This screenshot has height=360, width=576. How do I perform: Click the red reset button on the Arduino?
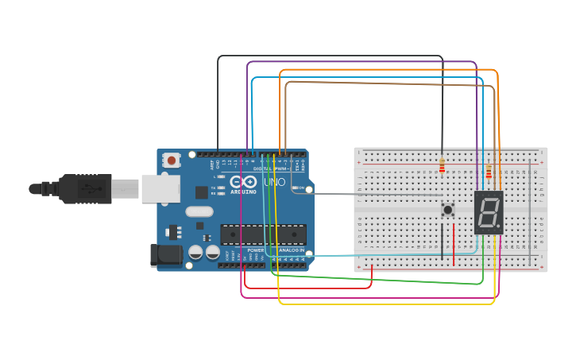[171, 161]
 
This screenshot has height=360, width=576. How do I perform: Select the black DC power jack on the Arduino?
[164, 254]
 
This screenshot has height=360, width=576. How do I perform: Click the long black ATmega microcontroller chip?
[263, 234]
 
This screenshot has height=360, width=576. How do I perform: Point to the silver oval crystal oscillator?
[199, 212]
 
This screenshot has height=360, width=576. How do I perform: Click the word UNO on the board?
[274, 182]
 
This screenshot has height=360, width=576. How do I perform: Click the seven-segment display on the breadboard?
[489, 212]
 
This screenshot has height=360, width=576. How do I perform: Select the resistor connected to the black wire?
[442, 165]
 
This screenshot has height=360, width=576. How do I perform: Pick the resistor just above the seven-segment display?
[489, 172]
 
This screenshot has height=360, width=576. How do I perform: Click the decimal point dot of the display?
[499, 227]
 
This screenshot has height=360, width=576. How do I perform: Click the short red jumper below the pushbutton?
[454, 244]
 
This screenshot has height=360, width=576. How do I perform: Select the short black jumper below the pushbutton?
[443, 242]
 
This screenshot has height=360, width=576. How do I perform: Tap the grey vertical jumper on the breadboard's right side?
[530, 215]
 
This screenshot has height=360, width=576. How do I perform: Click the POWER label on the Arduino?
[256, 250]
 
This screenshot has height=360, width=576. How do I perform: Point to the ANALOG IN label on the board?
[291, 250]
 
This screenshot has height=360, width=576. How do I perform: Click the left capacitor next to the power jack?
[195, 252]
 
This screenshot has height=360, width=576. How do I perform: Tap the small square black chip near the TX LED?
[202, 192]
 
